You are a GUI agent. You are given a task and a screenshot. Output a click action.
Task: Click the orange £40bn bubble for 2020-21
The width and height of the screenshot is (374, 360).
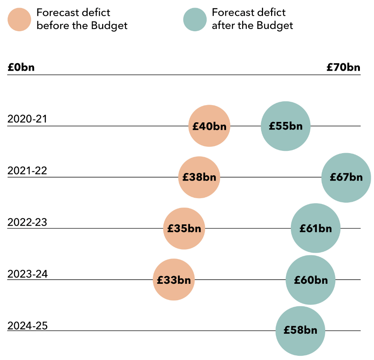click(x=209, y=126)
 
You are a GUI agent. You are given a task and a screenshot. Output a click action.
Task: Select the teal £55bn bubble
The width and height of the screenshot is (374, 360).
click(x=286, y=126)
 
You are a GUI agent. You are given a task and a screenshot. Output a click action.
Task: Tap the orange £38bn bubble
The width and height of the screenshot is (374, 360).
click(x=199, y=177)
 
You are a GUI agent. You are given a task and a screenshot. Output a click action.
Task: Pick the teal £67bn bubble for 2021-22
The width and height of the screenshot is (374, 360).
click(x=346, y=178)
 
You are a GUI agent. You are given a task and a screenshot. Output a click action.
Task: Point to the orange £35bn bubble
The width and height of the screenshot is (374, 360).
click(x=184, y=229)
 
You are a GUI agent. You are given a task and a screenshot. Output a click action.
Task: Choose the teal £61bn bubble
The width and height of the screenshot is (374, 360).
click(x=316, y=228)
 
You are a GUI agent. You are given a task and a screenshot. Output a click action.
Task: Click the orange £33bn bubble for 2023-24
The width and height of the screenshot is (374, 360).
click(x=174, y=280)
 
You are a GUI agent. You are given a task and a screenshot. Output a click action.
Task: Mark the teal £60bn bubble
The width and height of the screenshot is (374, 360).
click(x=311, y=280)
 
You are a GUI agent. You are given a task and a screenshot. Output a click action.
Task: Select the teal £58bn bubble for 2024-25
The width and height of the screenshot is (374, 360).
click(x=300, y=331)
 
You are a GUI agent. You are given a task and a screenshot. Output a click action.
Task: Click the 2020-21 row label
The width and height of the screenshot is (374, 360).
click(x=27, y=119)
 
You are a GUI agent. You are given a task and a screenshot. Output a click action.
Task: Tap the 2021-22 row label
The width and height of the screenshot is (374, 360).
click(x=27, y=170)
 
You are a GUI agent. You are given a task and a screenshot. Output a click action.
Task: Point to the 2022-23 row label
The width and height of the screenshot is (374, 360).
click(x=27, y=222)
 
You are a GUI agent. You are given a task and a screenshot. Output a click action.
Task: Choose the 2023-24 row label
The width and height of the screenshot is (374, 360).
click(x=27, y=274)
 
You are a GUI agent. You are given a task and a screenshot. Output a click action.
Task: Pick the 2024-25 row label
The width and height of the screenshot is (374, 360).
click(x=27, y=326)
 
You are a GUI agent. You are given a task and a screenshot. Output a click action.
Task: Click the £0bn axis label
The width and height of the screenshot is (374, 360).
click(x=21, y=68)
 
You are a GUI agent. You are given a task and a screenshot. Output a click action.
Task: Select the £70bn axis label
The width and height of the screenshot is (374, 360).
click(x=343, y=68)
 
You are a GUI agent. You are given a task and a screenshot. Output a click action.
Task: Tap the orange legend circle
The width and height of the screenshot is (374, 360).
click(x=19, y=20)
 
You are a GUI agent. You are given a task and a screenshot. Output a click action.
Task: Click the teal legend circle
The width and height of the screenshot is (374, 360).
click(x=195, y=20)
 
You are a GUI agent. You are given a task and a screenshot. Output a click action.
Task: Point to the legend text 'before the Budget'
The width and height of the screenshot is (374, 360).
click(x=82, y=26)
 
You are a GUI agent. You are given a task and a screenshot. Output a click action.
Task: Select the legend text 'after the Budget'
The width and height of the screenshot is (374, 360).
click(x=252, y=26)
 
